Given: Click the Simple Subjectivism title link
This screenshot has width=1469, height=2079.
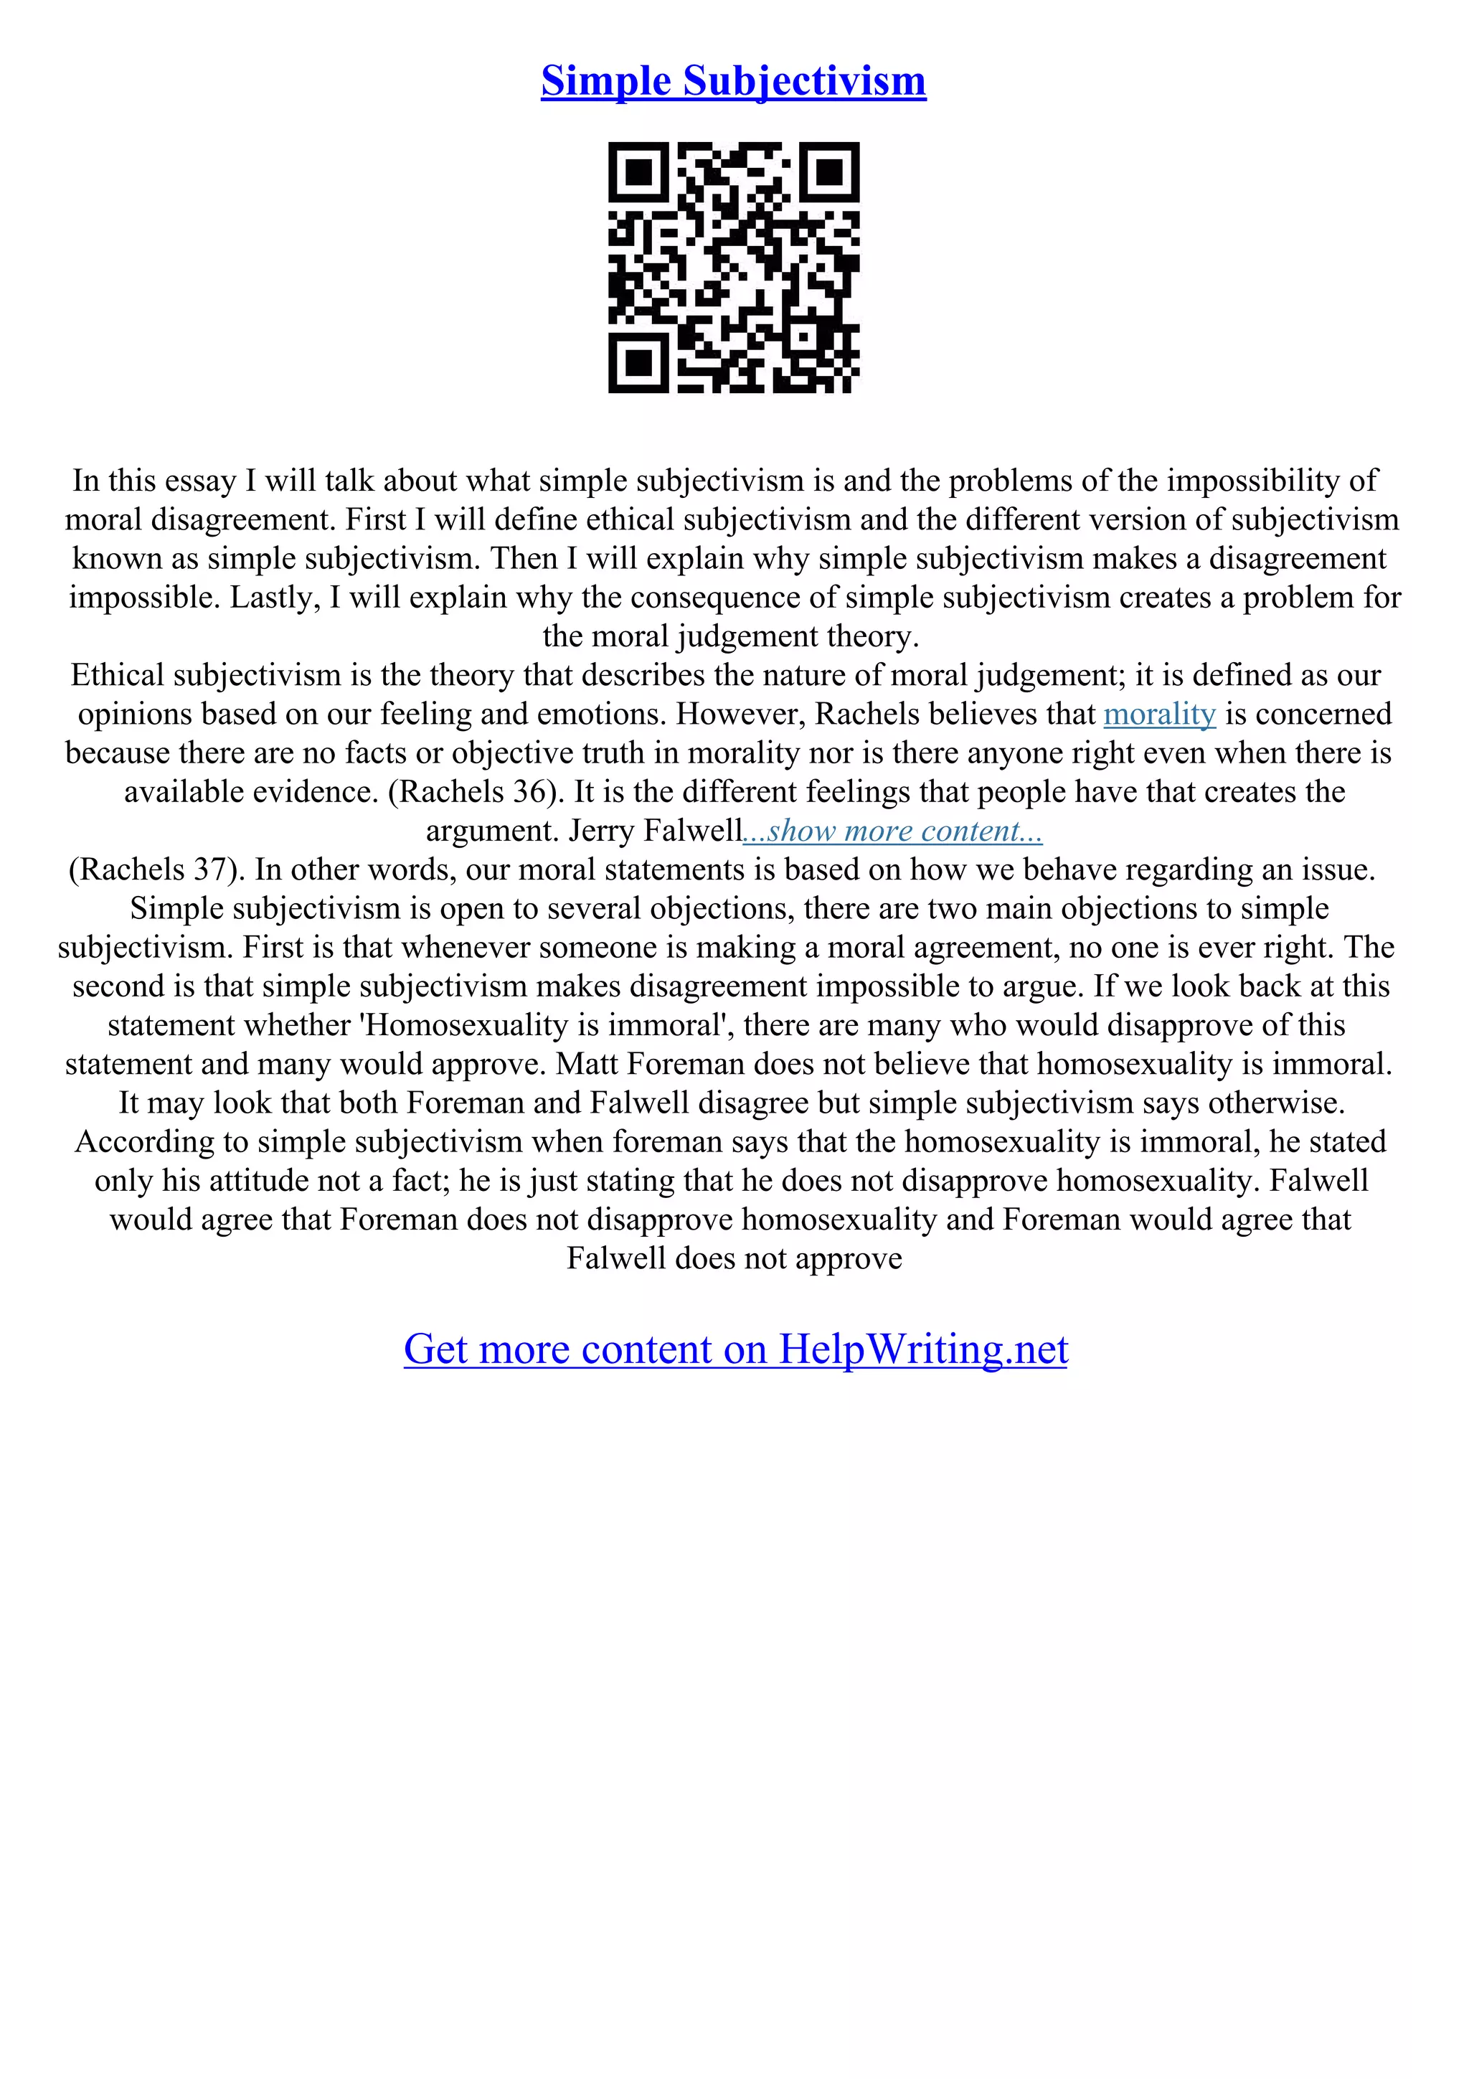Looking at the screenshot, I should [733, 82].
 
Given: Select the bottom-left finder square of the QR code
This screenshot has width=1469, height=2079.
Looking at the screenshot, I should [638, 363].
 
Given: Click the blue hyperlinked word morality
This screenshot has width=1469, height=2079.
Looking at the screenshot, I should [1158, 715].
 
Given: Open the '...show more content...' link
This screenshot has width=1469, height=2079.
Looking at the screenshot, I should [892, 831].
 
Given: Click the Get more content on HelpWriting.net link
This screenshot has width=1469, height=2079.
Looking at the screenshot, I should [735, 1349].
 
